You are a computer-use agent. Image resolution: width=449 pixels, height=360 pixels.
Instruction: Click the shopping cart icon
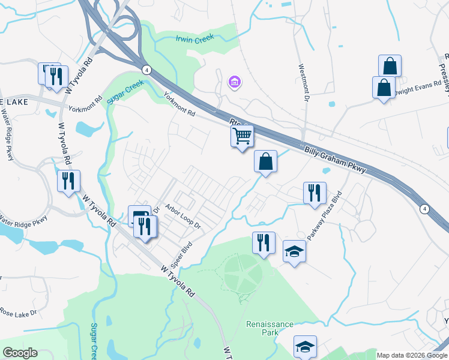point(242,136)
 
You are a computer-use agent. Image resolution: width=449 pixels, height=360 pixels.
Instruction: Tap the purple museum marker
point(234,82)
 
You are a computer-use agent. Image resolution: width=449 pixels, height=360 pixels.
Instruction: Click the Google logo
point(19,353)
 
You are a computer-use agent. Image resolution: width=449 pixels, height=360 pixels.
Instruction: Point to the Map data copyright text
point(412,355)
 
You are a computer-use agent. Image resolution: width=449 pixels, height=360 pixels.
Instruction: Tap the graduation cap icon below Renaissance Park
point(305,346)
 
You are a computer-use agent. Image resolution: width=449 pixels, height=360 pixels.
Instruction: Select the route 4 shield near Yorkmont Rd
point(147,70)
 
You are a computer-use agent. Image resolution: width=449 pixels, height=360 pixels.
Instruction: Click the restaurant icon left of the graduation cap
point(264,242)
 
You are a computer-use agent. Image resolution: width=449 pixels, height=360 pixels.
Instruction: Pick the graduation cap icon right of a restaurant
point(294,251)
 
